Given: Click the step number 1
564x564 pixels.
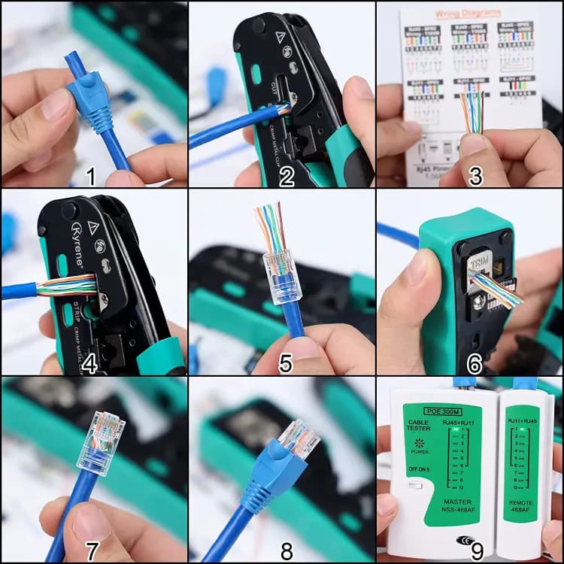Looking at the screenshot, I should pyautogui.click(x=90, y=177).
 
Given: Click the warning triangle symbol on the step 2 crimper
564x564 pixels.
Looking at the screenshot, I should pyautogui.click(x=280, y=36).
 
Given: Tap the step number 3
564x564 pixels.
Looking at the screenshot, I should pyautogui.click(x=475, y=177).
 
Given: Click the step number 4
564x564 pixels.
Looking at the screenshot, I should pyautogui.click(x=90, y=365).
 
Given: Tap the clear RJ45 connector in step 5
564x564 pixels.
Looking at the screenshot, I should pyautogui.click(x=280, y=274).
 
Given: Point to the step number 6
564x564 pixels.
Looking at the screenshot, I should pyautogui.click(x=475, y=365).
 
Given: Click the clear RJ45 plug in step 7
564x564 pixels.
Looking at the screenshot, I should pyautogui.click(x=101, y=442).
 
